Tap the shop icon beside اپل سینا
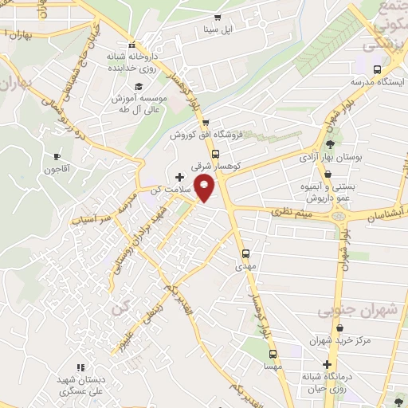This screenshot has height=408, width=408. (216, 18)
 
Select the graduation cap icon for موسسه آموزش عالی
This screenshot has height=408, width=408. (138, 86)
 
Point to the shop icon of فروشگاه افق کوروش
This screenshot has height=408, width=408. (206, 122)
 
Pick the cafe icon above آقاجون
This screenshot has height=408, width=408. (57, 156)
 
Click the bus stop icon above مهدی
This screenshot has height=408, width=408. (245, 254)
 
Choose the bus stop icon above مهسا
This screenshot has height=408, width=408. (273, 353)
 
